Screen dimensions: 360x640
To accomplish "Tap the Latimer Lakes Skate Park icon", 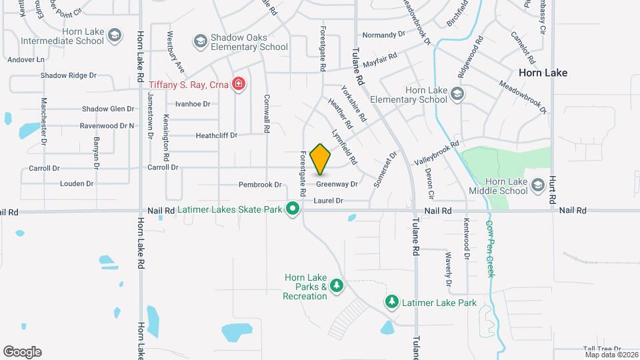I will tap(292, 209).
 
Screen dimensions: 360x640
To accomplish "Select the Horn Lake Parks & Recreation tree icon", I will tap(337, 286).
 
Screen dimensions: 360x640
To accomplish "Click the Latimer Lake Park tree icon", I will tap(392, 302).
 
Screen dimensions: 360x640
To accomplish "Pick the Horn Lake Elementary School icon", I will tap(457, 93).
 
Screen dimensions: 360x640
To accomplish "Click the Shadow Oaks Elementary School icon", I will tap(200, 42).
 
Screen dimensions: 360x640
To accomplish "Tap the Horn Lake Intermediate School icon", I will tap(114, 35).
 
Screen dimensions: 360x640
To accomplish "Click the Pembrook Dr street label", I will tap(261, 185).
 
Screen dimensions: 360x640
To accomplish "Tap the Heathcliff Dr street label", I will tap(216, 135).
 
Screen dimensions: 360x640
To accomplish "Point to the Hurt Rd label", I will tap(552, 190).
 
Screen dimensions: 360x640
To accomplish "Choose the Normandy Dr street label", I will tap(383, 34).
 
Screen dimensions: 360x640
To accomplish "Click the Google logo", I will tap(22, 351).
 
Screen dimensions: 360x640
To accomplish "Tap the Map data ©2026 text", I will tap(610, 355).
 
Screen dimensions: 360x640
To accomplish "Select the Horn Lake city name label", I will tap(543, 73).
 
